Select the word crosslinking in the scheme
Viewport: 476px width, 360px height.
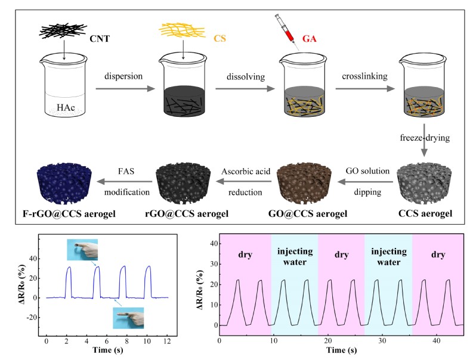[361, 77]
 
